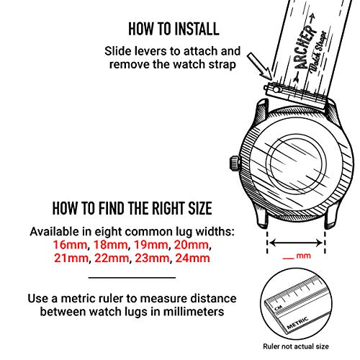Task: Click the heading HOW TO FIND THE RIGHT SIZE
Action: (132, 210)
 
